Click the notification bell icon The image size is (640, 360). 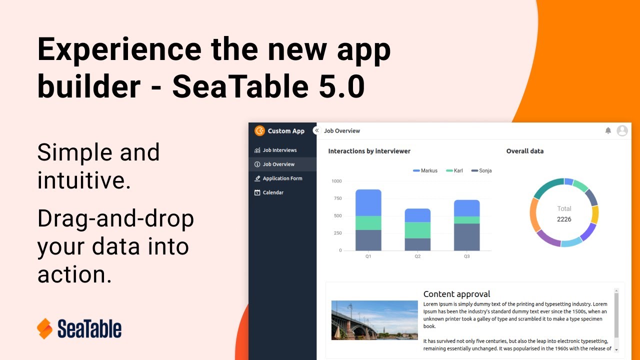pos(608,130)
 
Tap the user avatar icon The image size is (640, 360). pos(622,130)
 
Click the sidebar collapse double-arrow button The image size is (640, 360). pos(316,130)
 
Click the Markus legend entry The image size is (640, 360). pos(425,170)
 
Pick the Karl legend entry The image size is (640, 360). pos(454,170)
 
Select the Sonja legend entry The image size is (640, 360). pos(481,170)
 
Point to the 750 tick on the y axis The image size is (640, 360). pos(337,198)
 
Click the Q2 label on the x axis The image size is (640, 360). pos(417,256)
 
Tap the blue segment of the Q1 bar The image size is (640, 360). pos(368,202)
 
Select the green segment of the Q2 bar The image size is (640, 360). pos(417,230)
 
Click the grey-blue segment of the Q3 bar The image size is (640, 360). pos(467,237)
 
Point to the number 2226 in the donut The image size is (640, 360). pos(564,219)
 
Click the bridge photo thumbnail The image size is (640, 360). pos(374,320)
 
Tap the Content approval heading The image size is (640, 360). pos(456,294)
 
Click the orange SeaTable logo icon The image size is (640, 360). pos(45,328)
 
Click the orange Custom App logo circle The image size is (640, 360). pos(259,131)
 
